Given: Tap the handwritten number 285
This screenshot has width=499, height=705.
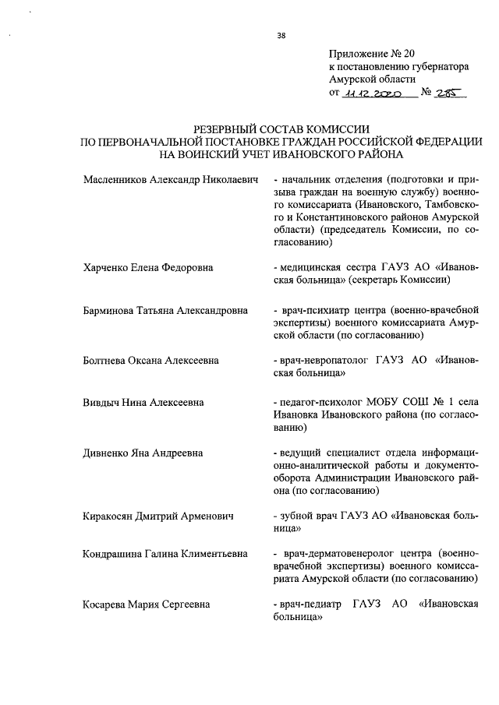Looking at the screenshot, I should point(449,92).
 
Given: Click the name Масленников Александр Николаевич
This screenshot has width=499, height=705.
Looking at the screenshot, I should point(170,179).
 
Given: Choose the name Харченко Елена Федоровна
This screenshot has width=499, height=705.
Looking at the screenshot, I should point(148,268).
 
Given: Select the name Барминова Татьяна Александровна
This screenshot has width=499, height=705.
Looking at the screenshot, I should point(165,310).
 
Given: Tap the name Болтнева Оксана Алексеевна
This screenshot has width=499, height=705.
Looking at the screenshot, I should point(150,361).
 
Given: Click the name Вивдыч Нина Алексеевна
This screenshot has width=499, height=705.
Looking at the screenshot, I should point(143,403).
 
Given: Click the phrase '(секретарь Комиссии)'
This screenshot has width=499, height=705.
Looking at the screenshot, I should point(402,280).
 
